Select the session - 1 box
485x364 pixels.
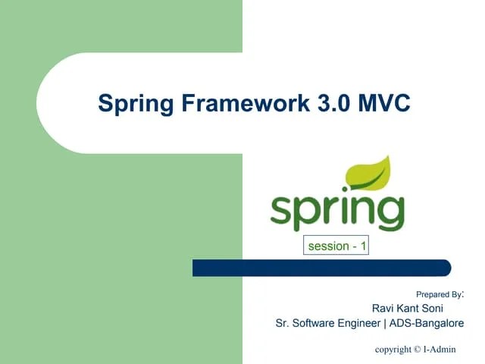click(x=337, y=246)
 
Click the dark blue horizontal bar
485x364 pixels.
click(x=321, y=268)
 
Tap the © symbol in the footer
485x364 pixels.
click(x=418, y=350)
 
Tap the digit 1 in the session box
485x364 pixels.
click(x=364, y=246)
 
